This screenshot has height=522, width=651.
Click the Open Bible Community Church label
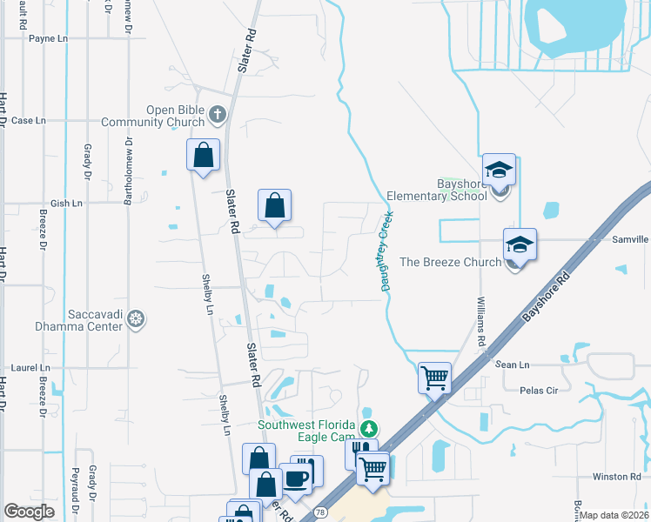152,116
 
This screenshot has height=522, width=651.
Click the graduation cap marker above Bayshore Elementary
500,169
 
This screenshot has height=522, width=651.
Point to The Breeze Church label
449,262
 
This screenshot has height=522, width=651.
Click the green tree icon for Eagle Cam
370,428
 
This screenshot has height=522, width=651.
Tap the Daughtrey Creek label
385,251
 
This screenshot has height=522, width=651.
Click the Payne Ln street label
48,39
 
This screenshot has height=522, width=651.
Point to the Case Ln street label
28,120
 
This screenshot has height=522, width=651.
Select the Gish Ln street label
65,204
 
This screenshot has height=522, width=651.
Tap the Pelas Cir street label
538,391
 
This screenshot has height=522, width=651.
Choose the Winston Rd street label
616,477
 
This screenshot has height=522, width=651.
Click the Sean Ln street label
512,365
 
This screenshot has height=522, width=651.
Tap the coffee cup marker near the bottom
295,478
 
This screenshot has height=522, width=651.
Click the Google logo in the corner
30,512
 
